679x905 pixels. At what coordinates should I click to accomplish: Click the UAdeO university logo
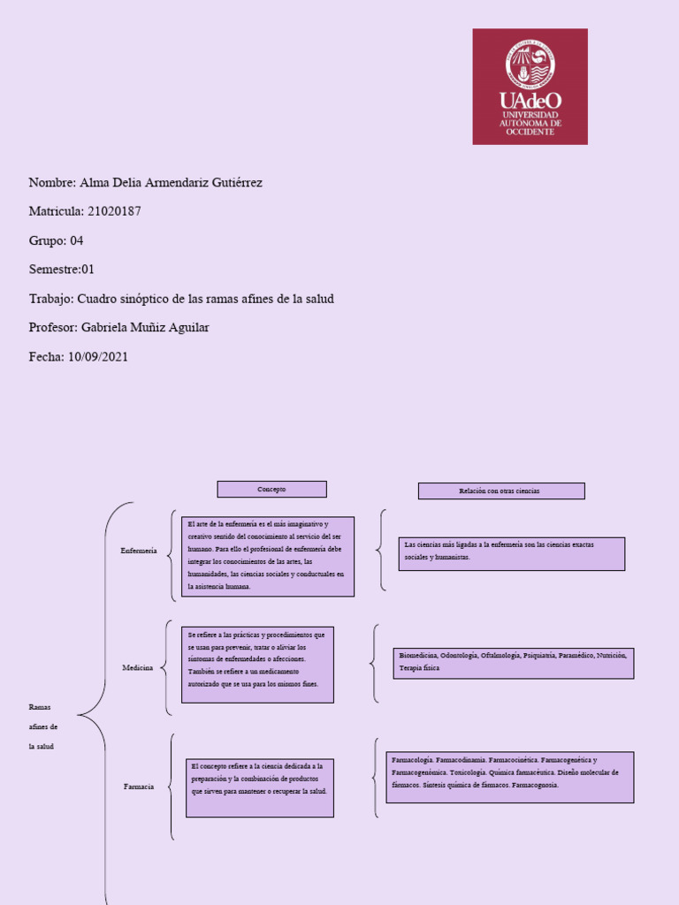(x=530, y=87)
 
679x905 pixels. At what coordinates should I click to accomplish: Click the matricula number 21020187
(x=113, y=211)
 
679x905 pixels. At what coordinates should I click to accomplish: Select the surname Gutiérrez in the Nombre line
(x=233, y=183)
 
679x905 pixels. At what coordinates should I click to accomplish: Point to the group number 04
(x=76, y=240)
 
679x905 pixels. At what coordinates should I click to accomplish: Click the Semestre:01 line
(x=61, y=270)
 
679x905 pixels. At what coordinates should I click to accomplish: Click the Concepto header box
(x=272, y=489)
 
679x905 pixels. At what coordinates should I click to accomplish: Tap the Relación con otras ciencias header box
(x=500, y=491)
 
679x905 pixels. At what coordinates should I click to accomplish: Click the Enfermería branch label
(x=139, y=551)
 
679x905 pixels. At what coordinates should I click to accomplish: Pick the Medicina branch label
(x=138, y=668)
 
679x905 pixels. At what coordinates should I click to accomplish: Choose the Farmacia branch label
(x=139, y=786)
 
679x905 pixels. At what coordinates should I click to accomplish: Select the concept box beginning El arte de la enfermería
(x=268, y=556)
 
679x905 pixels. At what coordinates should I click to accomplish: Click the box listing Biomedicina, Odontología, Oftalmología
(x=513, y=663)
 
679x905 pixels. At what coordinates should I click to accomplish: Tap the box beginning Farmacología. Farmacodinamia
(x=509, y=777)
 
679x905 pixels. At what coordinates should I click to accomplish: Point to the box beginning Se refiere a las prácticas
(x=257, y=665)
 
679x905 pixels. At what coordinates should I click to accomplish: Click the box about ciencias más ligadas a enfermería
(x=511, y=553)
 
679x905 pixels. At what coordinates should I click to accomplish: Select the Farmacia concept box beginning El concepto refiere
(x=260, y=787)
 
